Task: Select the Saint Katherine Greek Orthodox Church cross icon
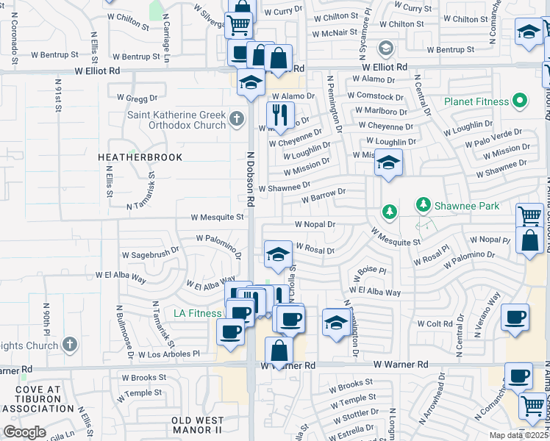click(x=236, y=118)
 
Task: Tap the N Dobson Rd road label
click(x=250, y=180)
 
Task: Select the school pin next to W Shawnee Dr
click(x=387, y=162)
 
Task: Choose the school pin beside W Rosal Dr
click(x=276, y=254)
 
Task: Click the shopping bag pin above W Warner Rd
click(x=279, y=351)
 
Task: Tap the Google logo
click(x=24, y=432)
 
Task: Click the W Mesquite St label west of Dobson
click(x=217, y=217)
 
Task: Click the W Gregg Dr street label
click(x=137, y=97)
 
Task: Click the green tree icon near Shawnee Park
click(x=390, y=212)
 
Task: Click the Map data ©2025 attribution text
click(x=518, y=435)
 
